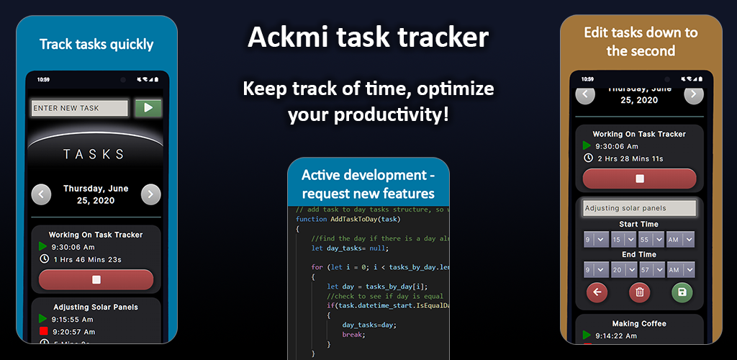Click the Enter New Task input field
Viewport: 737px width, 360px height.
79,108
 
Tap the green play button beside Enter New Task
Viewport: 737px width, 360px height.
148,108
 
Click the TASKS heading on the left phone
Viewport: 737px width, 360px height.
94,154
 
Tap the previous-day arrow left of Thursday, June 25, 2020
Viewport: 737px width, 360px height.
42,194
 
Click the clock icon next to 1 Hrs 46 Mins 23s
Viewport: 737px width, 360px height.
44,258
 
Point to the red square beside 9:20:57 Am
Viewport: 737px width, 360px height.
43,331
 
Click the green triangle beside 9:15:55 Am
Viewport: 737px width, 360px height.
43,318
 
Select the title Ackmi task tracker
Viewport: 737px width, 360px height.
368,37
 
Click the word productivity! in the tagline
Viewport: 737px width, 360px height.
391,114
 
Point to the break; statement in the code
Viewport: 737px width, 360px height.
353,334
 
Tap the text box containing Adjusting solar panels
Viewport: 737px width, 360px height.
639,208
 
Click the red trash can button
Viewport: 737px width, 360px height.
639,292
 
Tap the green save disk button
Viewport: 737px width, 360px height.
681,292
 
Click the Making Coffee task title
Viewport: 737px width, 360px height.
639,323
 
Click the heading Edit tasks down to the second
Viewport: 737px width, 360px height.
641,41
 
